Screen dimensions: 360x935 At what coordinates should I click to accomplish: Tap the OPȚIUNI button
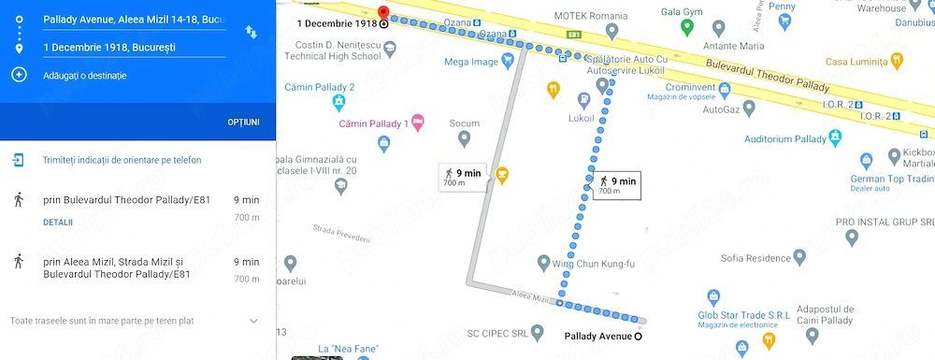243,122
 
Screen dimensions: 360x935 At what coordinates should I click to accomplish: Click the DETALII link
58,223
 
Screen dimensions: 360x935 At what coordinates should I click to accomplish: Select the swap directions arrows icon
252,32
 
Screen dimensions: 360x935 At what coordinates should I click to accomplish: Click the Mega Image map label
472,63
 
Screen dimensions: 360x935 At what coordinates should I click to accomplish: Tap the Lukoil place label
582,119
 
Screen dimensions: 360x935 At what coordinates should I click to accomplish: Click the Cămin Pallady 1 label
374,123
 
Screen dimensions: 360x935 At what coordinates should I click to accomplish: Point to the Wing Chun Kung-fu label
593,264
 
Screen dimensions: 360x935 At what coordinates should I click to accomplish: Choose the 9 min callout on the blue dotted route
617,185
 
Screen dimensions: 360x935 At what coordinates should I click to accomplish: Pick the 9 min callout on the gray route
463,177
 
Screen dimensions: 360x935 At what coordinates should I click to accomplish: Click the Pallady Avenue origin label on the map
598,337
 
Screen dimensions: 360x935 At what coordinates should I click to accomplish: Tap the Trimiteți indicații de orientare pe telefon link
122,160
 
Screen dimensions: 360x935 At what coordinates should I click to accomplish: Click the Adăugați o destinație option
84,75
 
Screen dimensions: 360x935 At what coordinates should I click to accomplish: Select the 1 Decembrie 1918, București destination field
122,47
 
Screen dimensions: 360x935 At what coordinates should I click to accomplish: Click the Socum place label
464,123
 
